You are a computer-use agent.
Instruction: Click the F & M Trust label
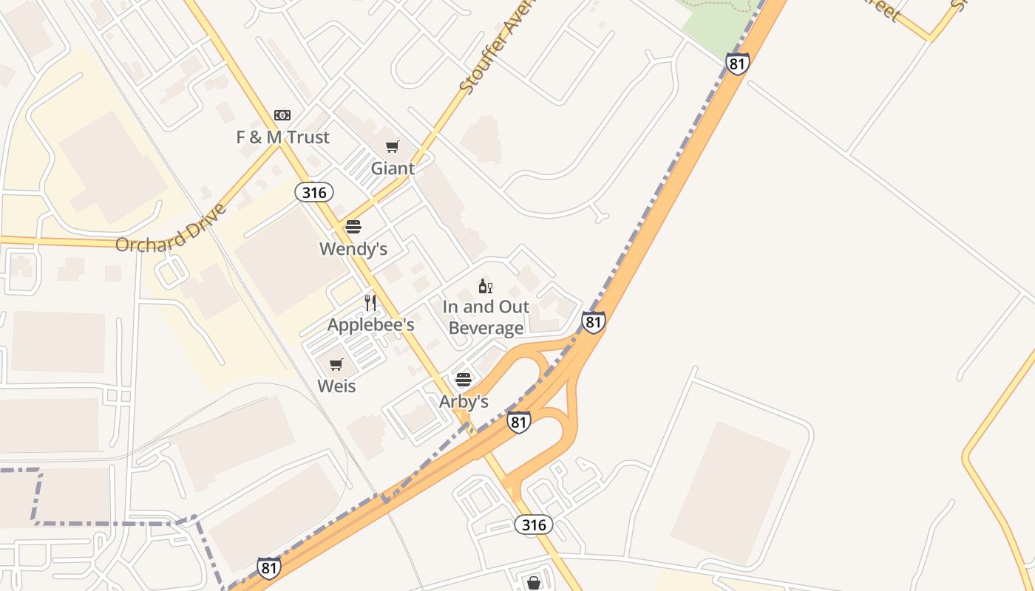tap(282, 137)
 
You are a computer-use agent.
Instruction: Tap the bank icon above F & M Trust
tap(282, 115)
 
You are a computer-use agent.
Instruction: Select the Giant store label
tap(393, 168)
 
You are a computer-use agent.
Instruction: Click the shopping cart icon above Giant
tap(393, 146)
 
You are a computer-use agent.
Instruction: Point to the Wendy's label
tap(353, 249)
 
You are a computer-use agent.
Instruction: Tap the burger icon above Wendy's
tap(353, 227)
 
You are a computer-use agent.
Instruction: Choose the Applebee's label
tap(370, 325)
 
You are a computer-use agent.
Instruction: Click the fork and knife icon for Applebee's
tap(370, 303)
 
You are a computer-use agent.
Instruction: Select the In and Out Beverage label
tap(486, 318)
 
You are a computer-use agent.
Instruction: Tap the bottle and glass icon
tap(486, 286)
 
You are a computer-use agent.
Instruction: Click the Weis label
tap(336, 386)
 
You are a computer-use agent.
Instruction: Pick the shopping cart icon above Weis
tap(336, 364)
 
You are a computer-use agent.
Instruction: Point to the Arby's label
tap(464, 402)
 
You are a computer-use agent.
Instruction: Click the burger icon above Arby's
tap(464, 380)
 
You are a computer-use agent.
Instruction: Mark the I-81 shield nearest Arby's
tap(519, 423)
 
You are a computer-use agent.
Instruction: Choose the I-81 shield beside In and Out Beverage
tap(593, 322)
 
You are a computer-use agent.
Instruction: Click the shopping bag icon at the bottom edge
tap(534, 583)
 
